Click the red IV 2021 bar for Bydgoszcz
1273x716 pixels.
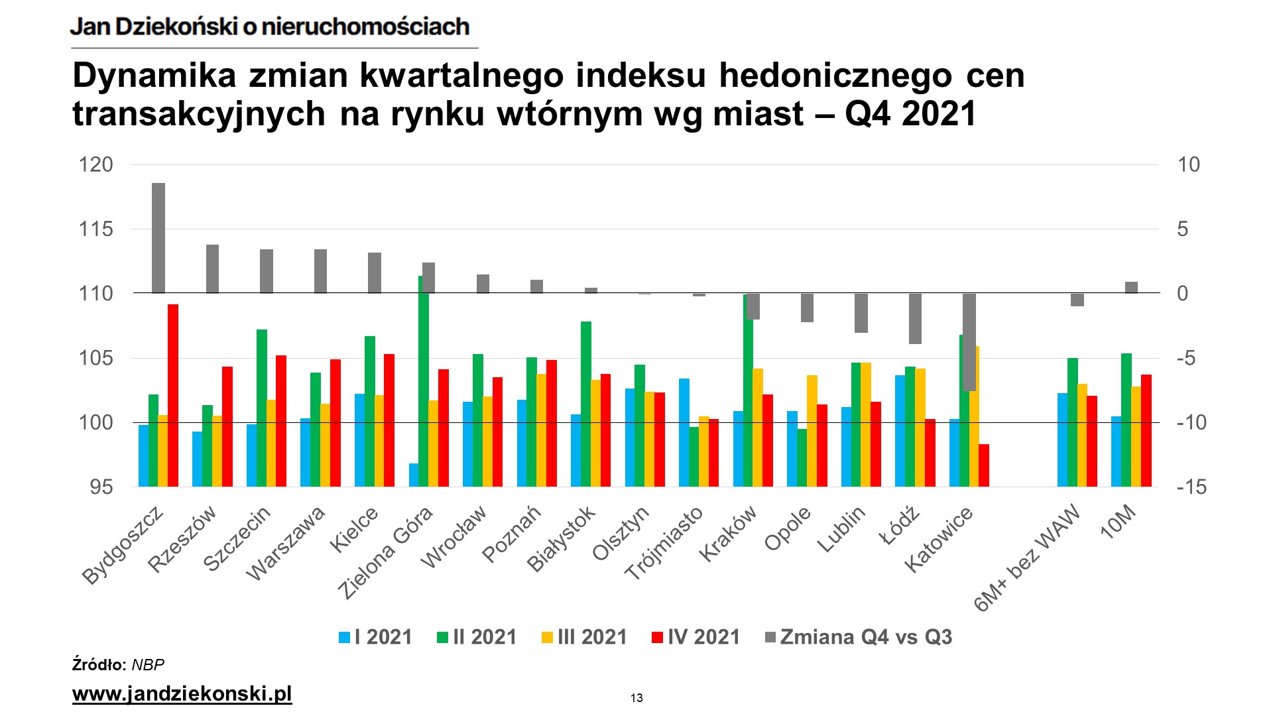(173, 395)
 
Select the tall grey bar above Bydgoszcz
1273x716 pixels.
(158, 238)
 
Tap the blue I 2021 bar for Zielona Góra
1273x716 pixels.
(414, 475)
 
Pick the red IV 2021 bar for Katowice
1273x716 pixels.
(984, 465)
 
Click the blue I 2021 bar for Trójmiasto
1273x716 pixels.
(684, 432)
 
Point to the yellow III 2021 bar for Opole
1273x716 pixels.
(812, 431)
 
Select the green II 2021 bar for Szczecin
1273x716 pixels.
(262, 408)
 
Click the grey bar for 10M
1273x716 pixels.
(1131, 288)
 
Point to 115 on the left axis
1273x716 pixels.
(96, 229)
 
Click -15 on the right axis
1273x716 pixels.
(1191, 487)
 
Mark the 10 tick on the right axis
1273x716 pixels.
(1188, 164)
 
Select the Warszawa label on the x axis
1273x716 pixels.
(286, 544)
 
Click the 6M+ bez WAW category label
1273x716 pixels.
(1026, 558)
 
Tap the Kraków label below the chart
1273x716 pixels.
(728, 534)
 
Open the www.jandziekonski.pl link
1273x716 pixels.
(182, 694)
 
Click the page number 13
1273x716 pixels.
(636, 698)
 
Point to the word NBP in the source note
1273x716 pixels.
(148, 665)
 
